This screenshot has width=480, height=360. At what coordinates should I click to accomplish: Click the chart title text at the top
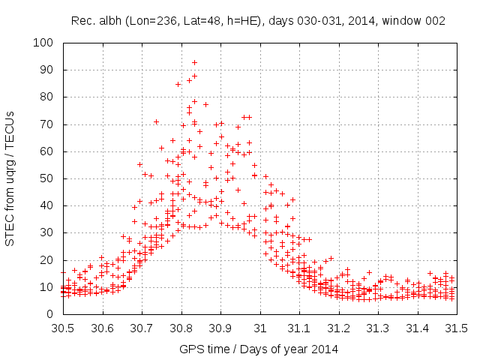point(259,21)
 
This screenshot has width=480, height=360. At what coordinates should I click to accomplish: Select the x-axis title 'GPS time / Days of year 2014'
point(259,349)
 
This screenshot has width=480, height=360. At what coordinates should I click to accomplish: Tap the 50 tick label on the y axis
point(46,178)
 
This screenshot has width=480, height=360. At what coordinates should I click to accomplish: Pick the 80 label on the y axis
point(46,97)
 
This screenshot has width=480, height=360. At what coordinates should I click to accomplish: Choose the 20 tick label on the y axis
point(46,259)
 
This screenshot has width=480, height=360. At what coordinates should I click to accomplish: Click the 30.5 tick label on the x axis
point(61,328)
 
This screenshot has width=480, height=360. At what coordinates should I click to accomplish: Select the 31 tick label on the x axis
point(259,328)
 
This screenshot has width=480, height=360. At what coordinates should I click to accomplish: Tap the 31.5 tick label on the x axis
point(456,328)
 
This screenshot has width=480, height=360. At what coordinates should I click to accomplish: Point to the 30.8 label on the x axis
point(180,328)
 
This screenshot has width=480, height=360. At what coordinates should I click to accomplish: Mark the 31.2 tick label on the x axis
point(338,328)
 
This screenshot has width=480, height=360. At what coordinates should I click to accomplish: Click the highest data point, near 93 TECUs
point(194,63)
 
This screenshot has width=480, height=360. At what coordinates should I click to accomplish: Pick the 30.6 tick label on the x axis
point(101,328)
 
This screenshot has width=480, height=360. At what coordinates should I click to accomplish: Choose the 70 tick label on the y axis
point(46,124)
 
